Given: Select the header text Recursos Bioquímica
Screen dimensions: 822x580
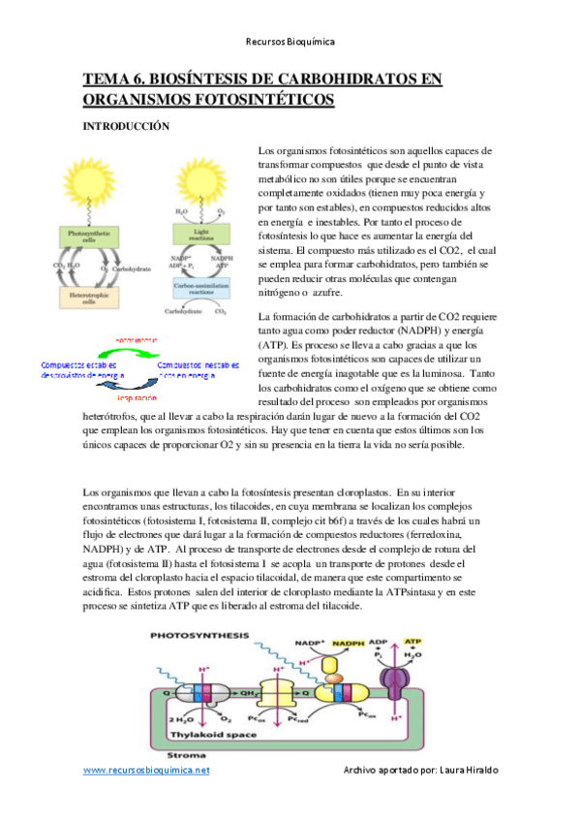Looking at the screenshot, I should (x=290, y=42).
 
